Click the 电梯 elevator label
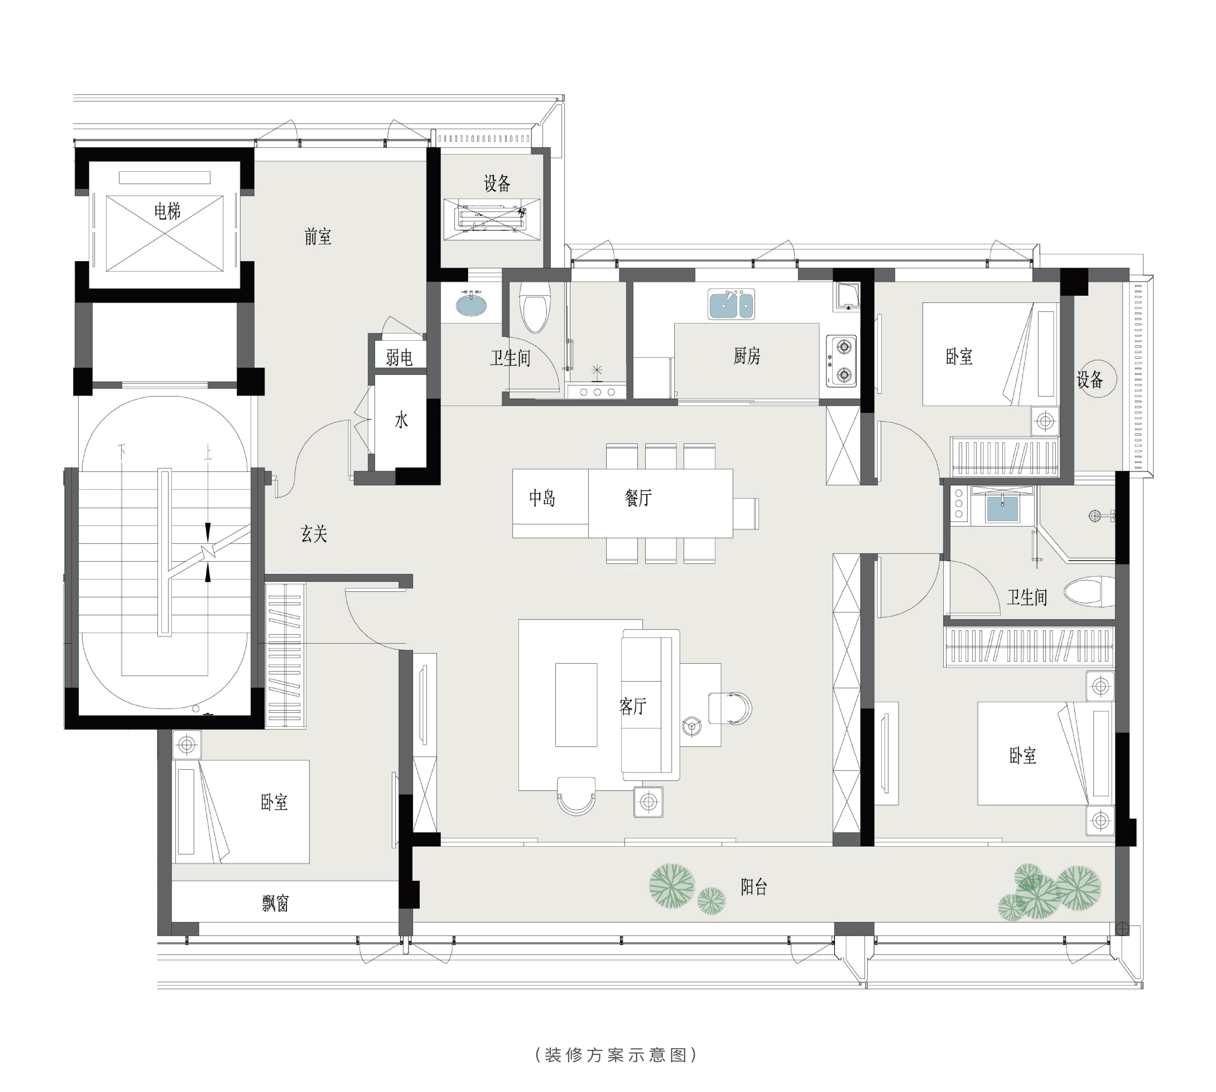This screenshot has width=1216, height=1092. (x=167, y=211)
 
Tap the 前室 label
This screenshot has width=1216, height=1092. (x=317, y=237)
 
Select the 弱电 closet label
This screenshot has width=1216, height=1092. (x=399, y=358)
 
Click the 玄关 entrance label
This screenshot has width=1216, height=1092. (x=314, y=534)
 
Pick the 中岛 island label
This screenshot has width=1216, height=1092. (x=542, y=498)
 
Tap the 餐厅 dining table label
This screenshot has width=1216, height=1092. (x=638, y=498)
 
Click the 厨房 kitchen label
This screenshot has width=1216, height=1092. (x=747, y=356)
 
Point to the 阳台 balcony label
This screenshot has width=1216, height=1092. (x=754, y=887)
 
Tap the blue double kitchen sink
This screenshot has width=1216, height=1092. (x=731, y=304)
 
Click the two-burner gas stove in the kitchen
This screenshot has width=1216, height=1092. (x=842, y=361)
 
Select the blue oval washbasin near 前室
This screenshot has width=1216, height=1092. (x=472, y=304)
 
